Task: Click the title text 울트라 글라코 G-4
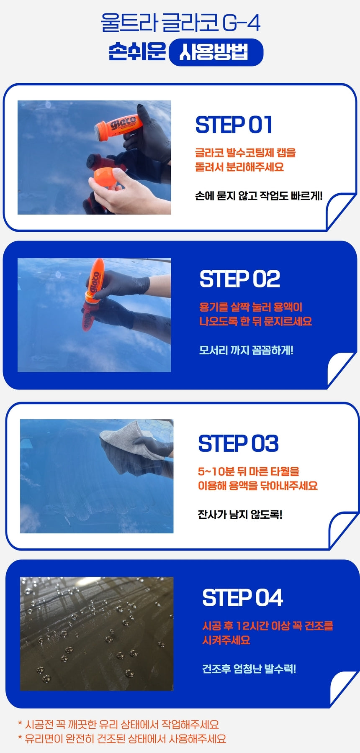point(180,23)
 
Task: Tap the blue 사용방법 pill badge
point(216,52)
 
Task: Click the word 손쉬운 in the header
point(137,52)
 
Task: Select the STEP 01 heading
point(234,125)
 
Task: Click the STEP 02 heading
point(240,279)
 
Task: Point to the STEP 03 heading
point(238,443)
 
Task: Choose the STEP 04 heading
point(243,597)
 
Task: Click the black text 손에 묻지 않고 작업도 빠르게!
point(259,196)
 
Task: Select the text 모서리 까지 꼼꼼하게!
point(246,350)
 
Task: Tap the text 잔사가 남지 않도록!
point(240,515)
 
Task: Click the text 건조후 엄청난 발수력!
point(249,668)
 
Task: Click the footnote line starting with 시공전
point(118,725)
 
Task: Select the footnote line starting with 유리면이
point(122,739)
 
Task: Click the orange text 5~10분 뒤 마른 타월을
point(249,471)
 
